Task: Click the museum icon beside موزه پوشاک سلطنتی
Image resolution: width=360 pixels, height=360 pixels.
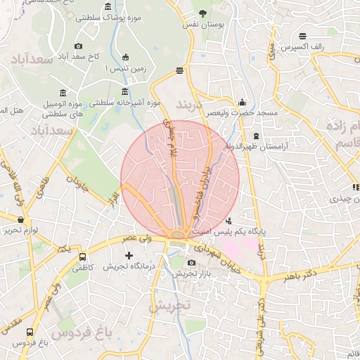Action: pyautogui.click(x=108, y=7)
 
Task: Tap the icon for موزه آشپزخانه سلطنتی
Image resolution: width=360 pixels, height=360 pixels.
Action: pyautogui.click(x=125, y=91)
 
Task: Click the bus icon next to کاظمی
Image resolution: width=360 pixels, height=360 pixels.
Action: pyautogui.click(x=83, y=257)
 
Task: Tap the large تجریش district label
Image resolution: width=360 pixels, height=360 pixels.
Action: pyautogui.click(x=169, y=305)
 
